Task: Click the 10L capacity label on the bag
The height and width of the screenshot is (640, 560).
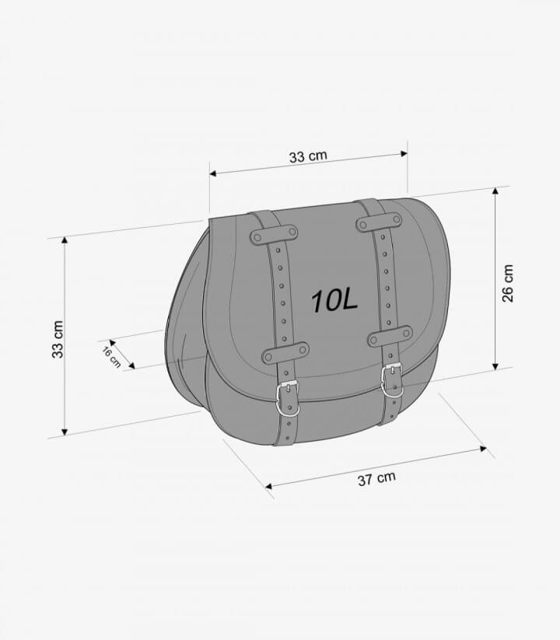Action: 334,301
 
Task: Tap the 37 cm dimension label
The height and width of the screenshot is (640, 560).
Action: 376,479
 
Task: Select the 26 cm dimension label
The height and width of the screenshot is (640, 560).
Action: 507,283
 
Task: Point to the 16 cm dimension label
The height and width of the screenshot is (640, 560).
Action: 111,357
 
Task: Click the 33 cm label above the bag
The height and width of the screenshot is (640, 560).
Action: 308,156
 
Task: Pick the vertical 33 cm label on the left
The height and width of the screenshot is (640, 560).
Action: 58,339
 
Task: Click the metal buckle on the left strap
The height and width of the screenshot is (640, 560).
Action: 288,399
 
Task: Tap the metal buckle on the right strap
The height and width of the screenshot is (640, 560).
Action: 392,380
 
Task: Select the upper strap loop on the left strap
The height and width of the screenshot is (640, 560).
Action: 274,234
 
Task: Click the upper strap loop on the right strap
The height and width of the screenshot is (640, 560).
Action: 379,222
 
